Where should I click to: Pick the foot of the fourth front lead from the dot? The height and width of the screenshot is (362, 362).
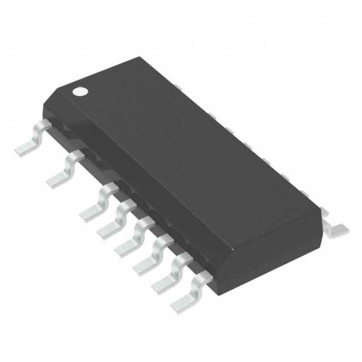(107, 229)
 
